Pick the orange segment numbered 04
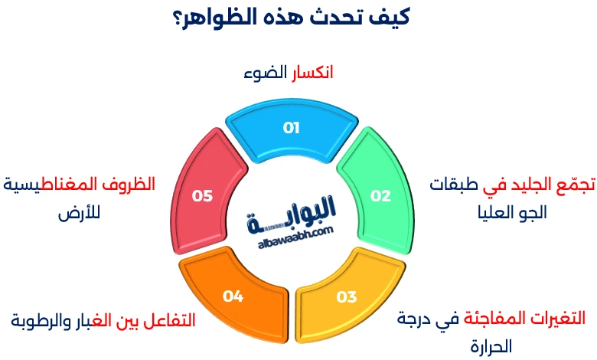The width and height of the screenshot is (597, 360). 233,296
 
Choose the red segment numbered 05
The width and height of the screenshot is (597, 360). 203,195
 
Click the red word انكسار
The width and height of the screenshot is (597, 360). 311,74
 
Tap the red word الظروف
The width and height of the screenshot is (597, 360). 129,185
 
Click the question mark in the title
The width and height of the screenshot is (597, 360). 178,17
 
